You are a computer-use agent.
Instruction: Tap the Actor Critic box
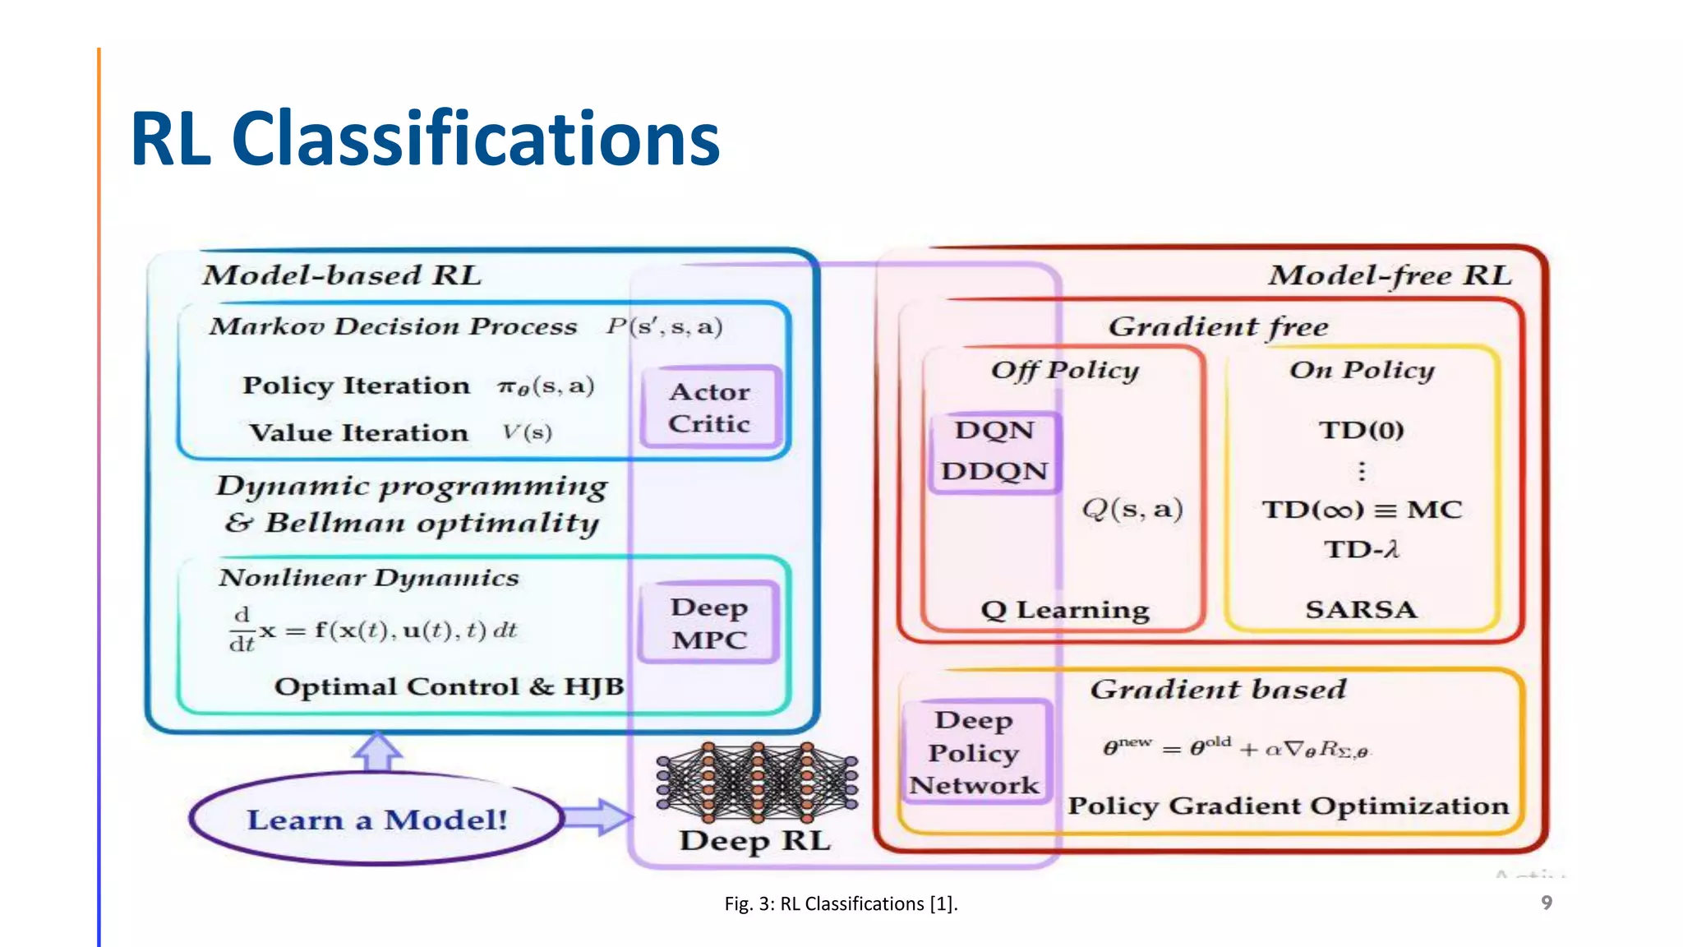pos(709,408)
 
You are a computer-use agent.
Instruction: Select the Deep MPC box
pos(708,623)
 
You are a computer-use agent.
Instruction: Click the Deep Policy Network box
pos(974,752)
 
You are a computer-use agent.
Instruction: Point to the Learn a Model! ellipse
pos(376,819)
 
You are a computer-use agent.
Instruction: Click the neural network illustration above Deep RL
pos(757,781)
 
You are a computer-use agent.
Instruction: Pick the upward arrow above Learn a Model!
pos(377,751)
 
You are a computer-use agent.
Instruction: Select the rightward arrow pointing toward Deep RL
pos(598,817)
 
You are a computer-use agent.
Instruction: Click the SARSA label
pos(1361,609)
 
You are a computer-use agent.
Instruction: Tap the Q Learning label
pos(1064,610)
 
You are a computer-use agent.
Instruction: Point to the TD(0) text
pos(1361,430)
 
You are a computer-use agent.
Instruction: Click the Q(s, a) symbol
pos(1132,509)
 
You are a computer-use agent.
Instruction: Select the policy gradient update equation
pos(1235,748)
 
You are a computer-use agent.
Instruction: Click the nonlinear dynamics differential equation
pos(372,631)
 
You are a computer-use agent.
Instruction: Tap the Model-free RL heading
pos(1389,275)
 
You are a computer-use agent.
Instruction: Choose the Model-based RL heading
pos(342,275)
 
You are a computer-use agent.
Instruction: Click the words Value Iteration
pos(358,432)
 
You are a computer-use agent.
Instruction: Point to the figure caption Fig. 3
pos(841,903)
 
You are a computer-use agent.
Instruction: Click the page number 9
pos(1546,903)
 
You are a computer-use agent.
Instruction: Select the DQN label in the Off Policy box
pos(994,430)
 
